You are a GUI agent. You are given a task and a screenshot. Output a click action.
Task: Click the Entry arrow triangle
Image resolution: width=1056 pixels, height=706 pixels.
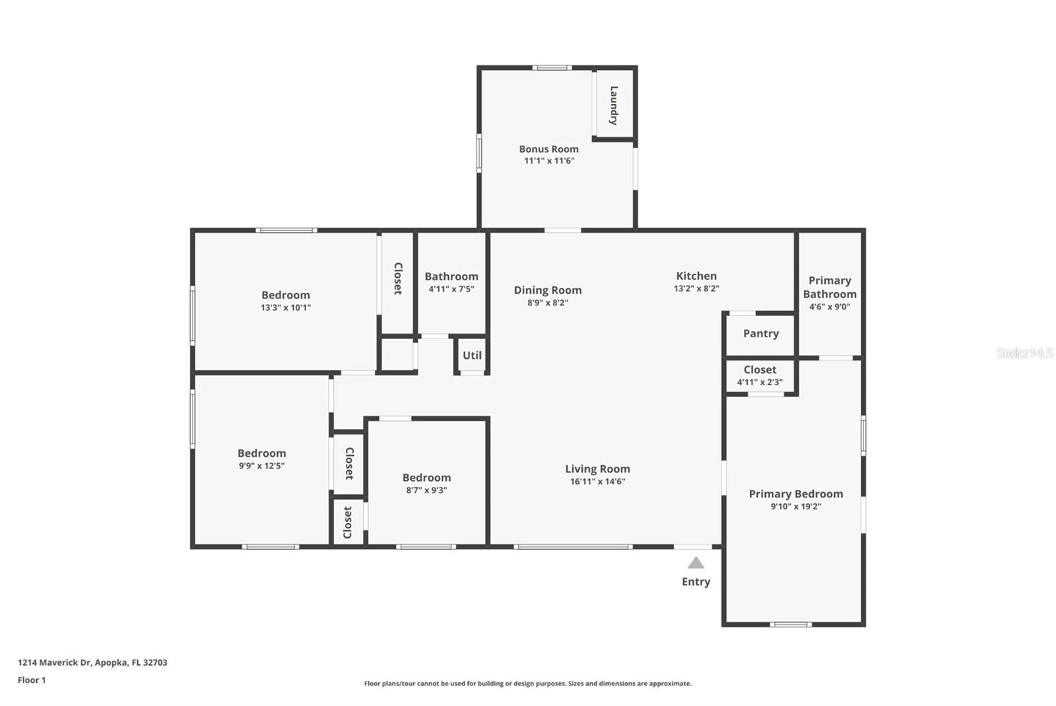pos(696,563)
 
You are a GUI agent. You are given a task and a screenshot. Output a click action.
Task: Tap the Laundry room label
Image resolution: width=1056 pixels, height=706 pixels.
pos(614,106)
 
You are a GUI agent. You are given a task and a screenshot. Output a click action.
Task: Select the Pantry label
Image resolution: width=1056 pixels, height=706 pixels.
pos(760,333)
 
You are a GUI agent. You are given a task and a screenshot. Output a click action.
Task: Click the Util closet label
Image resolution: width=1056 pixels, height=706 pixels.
pos(472,355)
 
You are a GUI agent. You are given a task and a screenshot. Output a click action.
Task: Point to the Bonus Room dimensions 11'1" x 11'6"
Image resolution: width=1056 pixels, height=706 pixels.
pos(549,161)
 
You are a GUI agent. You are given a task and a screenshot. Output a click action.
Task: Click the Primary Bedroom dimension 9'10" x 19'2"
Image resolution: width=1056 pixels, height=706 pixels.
pos(795,507)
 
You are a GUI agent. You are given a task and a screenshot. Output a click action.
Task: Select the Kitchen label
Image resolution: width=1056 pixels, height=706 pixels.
pos(696,276)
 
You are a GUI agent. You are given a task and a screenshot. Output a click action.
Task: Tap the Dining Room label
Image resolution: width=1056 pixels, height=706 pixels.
pos(548,290)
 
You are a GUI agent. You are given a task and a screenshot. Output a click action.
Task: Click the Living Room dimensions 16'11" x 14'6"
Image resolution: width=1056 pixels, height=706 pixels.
pos(597,482)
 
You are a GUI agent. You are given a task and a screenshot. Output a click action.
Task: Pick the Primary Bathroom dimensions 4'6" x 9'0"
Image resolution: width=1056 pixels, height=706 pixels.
pos(829,307)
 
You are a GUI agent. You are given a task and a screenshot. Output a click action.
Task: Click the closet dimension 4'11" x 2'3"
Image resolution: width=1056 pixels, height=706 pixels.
pos(760,382)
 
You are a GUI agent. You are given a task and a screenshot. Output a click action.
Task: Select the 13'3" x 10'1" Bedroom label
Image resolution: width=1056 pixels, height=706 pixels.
pos(285,295)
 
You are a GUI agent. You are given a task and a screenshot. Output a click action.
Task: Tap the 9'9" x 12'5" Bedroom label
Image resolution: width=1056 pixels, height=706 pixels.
pos(261,453)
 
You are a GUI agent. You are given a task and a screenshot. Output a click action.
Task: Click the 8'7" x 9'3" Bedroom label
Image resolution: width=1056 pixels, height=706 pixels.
pos(426,478)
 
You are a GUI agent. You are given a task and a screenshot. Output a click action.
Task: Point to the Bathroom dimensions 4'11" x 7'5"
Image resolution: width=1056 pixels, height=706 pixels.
pos(451,289)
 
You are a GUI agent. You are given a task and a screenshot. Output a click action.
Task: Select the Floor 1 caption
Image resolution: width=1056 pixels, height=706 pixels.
pos(32,680)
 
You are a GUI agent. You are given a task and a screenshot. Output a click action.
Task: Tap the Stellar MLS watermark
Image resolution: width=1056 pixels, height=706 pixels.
pos(1024,354)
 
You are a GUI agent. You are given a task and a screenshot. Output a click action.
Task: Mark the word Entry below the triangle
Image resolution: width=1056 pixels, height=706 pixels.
pos(696,581)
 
